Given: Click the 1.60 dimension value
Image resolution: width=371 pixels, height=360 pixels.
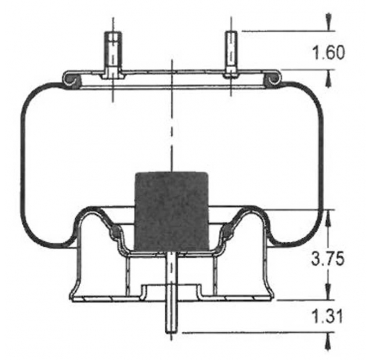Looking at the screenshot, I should (328, 53).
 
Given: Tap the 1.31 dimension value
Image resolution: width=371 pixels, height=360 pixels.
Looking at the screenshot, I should (328, 316).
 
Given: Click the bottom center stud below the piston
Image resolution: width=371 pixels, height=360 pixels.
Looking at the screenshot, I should (172, 295).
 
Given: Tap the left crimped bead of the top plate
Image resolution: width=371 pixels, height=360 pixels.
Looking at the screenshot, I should (71, 80).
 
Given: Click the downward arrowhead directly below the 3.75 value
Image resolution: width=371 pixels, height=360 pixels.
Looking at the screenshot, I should (328, 292).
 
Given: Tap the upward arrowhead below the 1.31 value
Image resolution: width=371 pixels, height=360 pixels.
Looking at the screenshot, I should (328, 341).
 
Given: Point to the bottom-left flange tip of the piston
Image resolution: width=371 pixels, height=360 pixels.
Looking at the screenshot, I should (73, 298).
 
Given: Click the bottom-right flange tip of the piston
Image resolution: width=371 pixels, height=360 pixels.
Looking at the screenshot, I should (271, 298).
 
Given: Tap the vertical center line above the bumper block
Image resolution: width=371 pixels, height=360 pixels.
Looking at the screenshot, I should (172, 125).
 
